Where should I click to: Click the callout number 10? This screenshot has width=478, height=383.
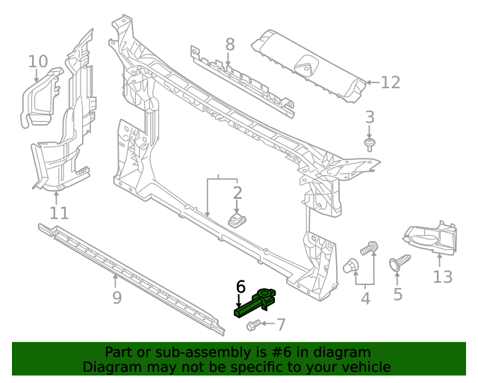tap(38, 61)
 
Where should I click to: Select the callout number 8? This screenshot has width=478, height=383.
tap(230, 44)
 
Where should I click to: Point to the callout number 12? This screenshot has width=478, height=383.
tap(391, 82)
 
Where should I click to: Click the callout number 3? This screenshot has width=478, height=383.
tap(369, 117)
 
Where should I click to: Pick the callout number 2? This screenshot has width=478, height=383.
tap(238, 194)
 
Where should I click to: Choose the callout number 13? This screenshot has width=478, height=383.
tap(442, 277)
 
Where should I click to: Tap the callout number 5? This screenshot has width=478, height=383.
tap(397, 295)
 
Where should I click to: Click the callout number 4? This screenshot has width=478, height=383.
tap(365, 300)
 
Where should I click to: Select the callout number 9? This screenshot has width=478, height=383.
tap(116, 299)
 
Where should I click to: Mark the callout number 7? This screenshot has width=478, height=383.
tap(281, 325)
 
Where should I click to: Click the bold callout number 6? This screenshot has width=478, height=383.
tap(240, 287)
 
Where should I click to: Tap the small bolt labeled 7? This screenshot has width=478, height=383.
tap(252, 325)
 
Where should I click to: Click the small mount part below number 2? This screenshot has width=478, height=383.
tap(239, 221)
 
